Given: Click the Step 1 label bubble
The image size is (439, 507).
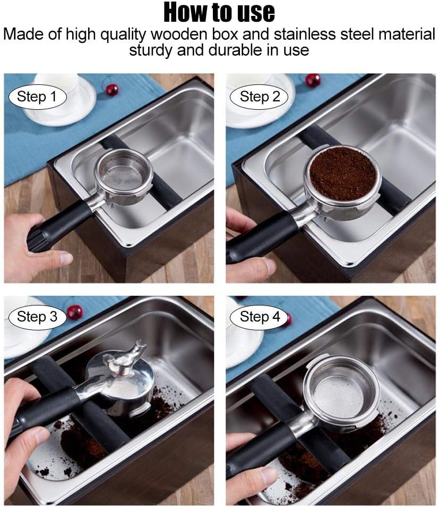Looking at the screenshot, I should (x=36, y=97).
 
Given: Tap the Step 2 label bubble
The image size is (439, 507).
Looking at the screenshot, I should (x=260, y=97).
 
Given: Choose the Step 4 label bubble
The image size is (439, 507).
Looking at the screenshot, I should (x=260, y=317).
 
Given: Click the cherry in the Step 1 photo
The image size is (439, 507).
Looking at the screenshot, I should (x=111, y=89).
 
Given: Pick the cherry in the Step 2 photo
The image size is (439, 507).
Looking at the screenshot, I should (x=313, y=80).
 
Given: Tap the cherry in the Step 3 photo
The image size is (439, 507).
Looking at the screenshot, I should (x=74, y=311).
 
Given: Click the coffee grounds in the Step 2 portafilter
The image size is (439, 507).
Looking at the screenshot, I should (x=342, y=173).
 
